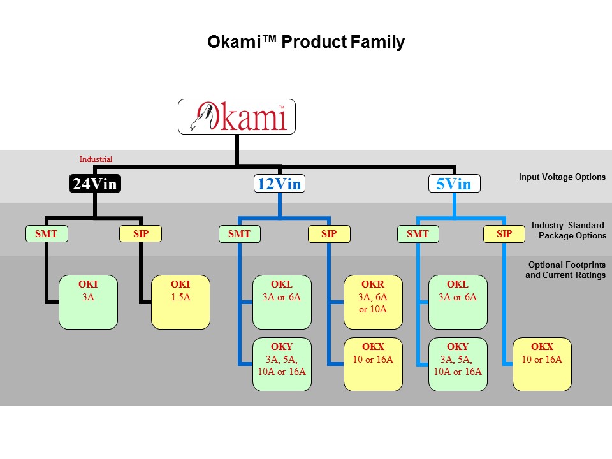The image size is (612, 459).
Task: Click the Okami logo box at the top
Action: coord(237,116)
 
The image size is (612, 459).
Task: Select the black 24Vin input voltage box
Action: coord(95,184)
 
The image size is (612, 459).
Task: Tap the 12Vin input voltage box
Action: coord(280,184)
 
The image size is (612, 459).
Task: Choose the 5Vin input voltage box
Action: coord(454,184)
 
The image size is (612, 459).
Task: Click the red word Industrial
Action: coord(96,159)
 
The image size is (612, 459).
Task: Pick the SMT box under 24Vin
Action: coord(46,234)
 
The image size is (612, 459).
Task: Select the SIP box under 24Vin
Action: coord(141,234)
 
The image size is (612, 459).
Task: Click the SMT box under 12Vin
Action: coord(240,234)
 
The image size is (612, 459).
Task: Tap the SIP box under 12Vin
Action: coord(329,234)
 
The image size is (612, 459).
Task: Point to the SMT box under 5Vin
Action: coord(418,234)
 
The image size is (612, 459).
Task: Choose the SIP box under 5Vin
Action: coord(504,234)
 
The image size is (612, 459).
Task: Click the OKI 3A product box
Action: coord(88,302)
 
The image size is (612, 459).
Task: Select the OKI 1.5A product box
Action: coord(180,302)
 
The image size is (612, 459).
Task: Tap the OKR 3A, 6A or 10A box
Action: coord(373,302)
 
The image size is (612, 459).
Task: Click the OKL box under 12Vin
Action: coord(282,302)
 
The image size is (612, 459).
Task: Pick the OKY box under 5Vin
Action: coord(458,364)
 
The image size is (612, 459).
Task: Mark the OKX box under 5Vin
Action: coord(543,364)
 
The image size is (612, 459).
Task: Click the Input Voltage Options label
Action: coord(562,177)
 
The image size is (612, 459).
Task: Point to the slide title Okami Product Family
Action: coord(306,42)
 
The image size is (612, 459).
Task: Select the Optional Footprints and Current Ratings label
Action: coord(566,270)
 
